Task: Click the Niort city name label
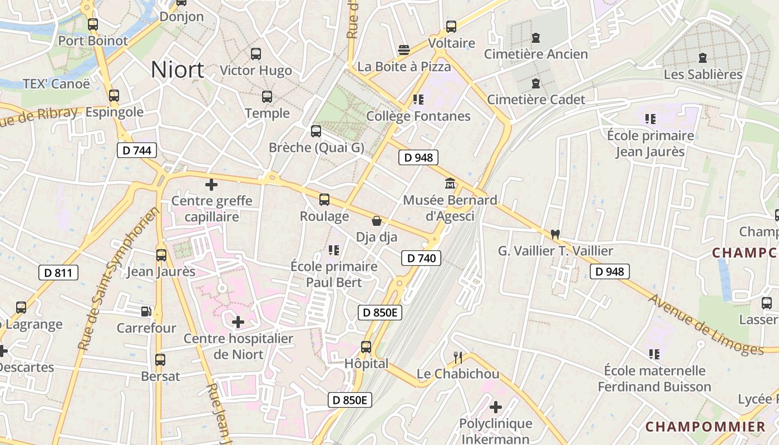click(x=178, y=70)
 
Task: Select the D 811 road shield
click(x=58, y=273)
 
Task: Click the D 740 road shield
click(x=421, y=258)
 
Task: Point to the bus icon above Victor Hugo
click(x=256, y=54)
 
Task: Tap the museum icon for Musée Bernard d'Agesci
click(x=450, y=183)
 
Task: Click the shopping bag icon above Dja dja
click(x=377, y=221)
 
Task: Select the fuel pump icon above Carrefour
click(x=146, y=311)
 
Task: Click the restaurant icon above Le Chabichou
click(x=458, y=357)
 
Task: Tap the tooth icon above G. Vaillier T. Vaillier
click(x=555, y=234)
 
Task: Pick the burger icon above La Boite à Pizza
click(x=404, y=50)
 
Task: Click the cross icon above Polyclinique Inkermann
click(x=495, y=407)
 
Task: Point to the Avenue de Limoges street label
click(x=706, y=325)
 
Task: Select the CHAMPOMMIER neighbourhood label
click(x=705, y=427)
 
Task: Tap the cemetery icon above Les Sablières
click(x=703, y=57)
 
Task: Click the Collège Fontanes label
click(x=418, y=116)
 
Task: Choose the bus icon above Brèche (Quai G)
click(x=316, y=131)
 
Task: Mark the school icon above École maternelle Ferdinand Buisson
click(x=654, y=354)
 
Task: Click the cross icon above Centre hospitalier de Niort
click(x=238, y=322)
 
